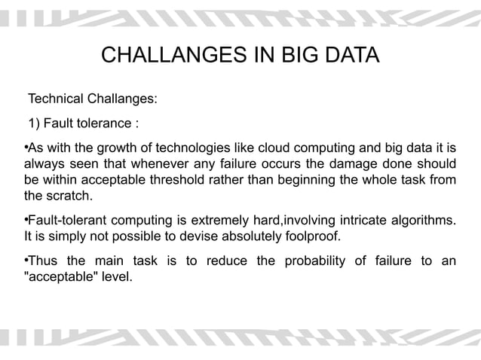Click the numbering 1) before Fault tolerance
pyautogui.click(x=35, y=123)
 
